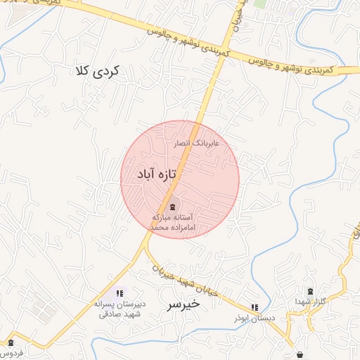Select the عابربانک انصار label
pos(197,143)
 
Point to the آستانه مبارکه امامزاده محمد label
pos(173,224)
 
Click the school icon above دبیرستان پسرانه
pos(120,292)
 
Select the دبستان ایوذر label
pos(254,318)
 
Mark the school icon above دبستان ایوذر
pos(255,307)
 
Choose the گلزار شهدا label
pos(309,301)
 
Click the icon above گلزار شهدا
pos(311,290)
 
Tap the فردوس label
pos(11,352)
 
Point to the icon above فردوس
pos(11,343)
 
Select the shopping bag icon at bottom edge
pos(301,354)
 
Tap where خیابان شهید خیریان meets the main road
pos(147,247)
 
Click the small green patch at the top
pos(260,4)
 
